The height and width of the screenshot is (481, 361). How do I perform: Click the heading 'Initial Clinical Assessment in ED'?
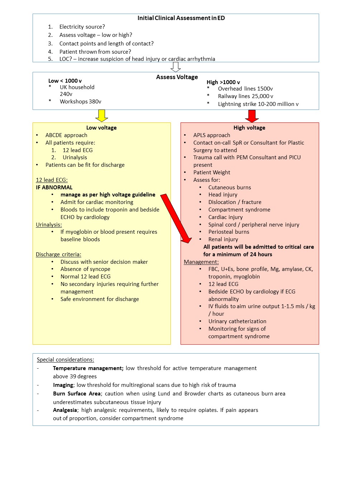tap(181, 18)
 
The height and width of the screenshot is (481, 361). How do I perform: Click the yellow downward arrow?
tap(102, 116)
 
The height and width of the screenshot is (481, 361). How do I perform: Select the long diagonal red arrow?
tap(176, 219)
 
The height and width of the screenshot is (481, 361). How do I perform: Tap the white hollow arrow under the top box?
tap(175, 67)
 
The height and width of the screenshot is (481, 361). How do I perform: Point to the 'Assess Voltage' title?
tap(177, 77)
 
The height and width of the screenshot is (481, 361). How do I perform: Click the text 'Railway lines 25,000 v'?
tap(245, 96)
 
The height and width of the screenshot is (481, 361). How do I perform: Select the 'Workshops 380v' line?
tap(80, 102)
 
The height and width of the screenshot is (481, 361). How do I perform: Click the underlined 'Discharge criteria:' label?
tap(58, 254)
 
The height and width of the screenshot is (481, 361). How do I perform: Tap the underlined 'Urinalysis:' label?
tap(49, 225)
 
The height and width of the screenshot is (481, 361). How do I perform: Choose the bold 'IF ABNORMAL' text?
tap(54, 188)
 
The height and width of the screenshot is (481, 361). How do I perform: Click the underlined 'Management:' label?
tap(201, 262)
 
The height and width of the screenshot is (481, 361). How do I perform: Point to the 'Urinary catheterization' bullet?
tap(237, 321)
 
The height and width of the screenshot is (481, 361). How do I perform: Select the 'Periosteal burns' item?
tap(228, 232)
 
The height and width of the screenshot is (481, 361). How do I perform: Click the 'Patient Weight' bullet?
tap(212, 173)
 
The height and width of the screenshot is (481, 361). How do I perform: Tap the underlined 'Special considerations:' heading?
tap(66, 360)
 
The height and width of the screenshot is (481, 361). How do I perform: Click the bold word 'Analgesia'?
tap(65, 410)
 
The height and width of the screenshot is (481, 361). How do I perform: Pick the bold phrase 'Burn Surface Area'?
tap(77, 394)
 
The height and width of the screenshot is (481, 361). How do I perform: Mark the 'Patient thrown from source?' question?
tap(95, 52)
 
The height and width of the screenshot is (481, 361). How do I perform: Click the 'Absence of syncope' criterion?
tap(85, 269)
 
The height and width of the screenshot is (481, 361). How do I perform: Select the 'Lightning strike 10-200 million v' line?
tap(258, 104)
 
